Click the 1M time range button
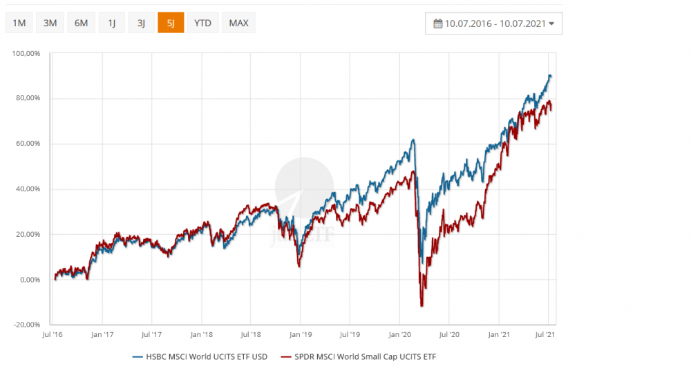19,23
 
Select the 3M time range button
50,23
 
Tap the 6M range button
81,23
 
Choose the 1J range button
111,23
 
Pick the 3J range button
141,23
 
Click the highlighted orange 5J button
171,23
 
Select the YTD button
202,23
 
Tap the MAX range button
238,23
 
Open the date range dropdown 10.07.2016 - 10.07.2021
494,23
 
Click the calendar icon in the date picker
437,23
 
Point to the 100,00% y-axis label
28,53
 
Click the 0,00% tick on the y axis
30,280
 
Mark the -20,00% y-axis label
28,325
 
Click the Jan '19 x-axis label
300,335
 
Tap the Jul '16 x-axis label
53,335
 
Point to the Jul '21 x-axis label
548,335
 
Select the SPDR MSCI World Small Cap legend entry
359,356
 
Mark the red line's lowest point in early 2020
422,306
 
